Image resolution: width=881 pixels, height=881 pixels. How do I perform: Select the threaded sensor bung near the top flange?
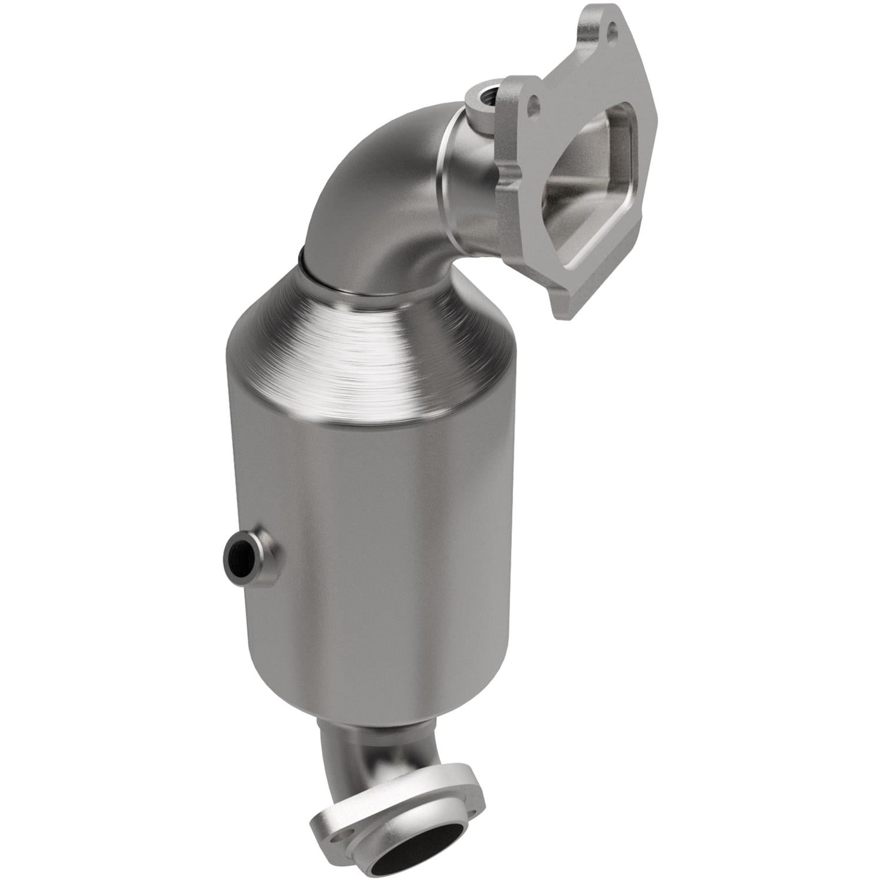[483, 94]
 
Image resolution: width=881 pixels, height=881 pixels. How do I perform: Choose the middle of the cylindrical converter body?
[376, 558]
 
